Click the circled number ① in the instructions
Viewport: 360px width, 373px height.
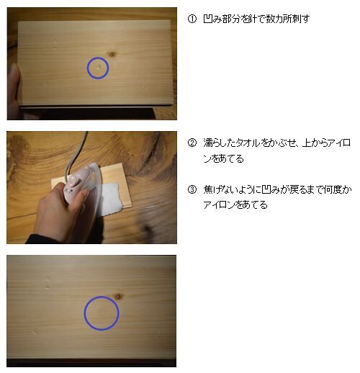(192, 19)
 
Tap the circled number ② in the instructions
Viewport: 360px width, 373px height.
(192, 143)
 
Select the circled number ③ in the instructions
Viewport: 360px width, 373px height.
(192, 189)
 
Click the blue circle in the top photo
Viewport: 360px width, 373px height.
(87, 68)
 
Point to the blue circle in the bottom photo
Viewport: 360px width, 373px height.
(84, 313)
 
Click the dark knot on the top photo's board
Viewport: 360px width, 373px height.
(112, 54)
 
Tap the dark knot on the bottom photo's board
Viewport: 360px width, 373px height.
(118, 297)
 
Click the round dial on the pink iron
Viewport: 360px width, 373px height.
(73, 181)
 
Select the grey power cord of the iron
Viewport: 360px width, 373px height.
(75, 153)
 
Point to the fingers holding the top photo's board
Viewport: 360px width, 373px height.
(14, 91)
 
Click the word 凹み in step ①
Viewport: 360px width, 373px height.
(212, 19)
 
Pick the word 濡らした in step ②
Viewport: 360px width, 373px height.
(220, 143)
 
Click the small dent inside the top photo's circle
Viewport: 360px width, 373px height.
(98, 68)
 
